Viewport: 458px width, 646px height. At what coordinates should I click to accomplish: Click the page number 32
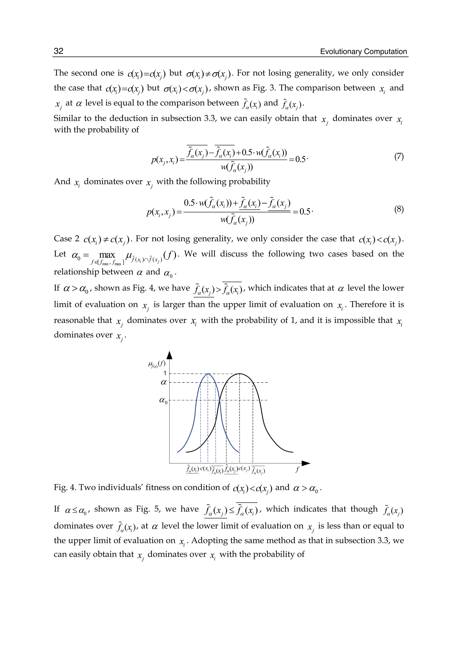click(59, 51)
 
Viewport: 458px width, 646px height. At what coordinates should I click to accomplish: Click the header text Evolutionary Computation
click(363, 52)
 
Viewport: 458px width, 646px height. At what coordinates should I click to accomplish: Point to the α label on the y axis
click(163, 383)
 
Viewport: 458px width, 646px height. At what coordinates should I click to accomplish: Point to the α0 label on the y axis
click(163, 400)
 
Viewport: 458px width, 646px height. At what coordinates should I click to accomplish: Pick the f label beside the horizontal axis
click(297, 470)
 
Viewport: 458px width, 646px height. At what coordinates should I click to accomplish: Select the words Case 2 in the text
click(67, 239)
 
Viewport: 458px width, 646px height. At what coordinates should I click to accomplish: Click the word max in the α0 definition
click(107, 255)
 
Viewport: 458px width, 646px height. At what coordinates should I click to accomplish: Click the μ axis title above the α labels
click(157, 364)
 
